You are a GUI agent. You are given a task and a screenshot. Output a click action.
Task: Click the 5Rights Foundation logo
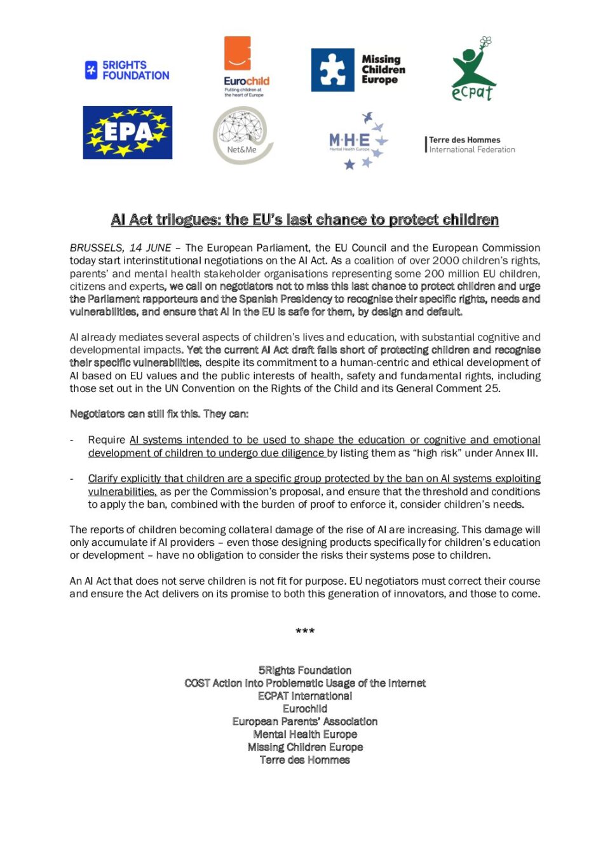(127, 70)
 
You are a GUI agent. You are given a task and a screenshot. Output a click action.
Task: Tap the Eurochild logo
(246, 66)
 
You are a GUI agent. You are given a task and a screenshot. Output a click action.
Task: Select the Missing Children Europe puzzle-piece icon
(332, 70)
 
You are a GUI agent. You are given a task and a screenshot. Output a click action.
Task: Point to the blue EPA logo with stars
(128, 132)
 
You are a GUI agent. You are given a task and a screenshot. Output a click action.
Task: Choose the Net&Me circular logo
(242, 135)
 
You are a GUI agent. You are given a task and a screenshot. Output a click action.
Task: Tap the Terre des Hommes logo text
(470, 144)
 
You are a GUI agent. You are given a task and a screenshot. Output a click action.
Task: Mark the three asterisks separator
(305, 631)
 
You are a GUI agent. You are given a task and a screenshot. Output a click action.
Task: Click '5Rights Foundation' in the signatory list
(305, 670)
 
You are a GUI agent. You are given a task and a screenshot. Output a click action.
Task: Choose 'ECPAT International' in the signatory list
(305, 696)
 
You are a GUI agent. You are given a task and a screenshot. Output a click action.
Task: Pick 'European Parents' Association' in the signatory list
(305, 721)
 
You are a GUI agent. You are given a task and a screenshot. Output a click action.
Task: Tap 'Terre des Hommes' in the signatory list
(305, 760)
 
